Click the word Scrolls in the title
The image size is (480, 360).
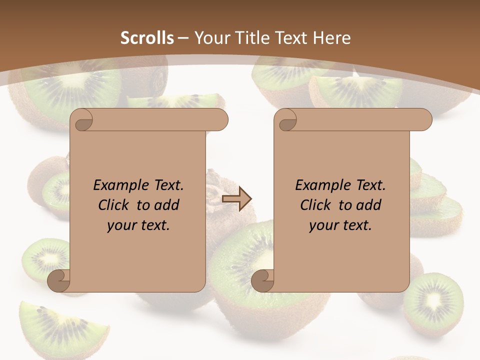(147, 38)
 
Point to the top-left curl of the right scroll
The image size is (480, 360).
(287, 120)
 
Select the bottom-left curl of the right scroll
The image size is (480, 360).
(262, 281)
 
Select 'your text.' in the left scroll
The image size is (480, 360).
(138, 225)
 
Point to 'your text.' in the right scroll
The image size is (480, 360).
(340, 225)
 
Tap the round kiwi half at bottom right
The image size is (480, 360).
(433, 303)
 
